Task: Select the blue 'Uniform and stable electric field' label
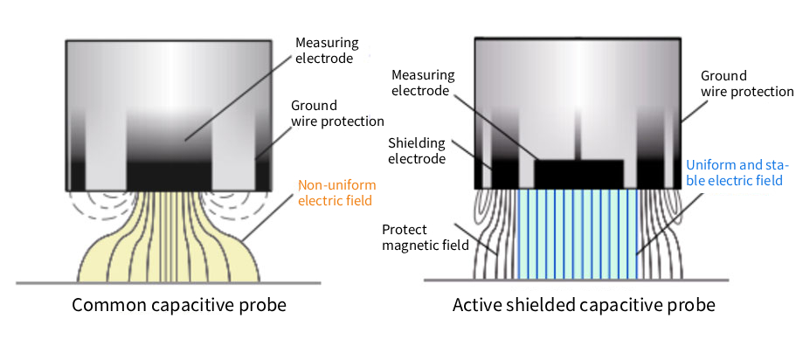(737, 172)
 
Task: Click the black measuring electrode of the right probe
(578, 173)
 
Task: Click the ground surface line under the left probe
(166, 282)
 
